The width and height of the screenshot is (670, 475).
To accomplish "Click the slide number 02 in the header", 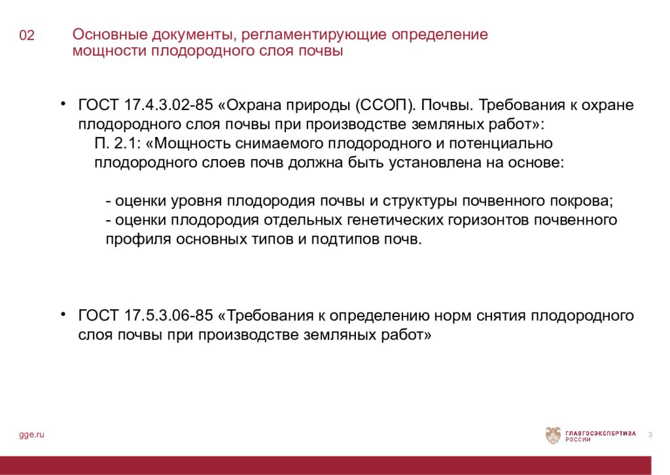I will (27, 36).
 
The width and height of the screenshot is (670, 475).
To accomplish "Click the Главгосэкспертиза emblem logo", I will (553, 436).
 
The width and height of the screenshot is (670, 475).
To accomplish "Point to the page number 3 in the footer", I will (650, 435).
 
